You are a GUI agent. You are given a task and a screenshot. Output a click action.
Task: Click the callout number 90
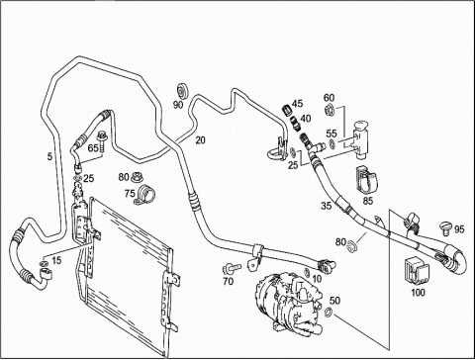178,105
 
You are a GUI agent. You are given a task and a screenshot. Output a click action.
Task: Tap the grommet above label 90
182,91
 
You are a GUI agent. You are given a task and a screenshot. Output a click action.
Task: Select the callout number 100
418,292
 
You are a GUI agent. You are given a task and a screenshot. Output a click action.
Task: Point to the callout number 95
459,228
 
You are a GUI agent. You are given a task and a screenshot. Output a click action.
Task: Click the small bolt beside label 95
445,228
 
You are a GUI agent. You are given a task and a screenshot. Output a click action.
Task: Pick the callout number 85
367,201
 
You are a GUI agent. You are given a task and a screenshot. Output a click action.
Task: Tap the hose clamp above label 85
367,180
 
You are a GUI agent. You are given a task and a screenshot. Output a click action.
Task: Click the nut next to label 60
330,109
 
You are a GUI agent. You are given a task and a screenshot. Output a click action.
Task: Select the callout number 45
297,104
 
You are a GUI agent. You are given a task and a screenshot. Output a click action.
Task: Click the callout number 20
200,140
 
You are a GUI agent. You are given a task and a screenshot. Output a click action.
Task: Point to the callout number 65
93,148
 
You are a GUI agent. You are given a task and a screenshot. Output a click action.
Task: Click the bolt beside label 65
101,141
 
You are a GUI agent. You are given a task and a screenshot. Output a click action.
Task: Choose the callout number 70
228,281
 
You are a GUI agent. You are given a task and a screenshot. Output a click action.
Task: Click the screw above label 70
232,269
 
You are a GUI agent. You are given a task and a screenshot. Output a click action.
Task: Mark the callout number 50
334,301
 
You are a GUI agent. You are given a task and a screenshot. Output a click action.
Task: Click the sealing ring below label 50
329,312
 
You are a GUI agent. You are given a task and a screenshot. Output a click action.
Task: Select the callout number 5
49,157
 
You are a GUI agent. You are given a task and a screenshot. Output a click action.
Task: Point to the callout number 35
327,206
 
